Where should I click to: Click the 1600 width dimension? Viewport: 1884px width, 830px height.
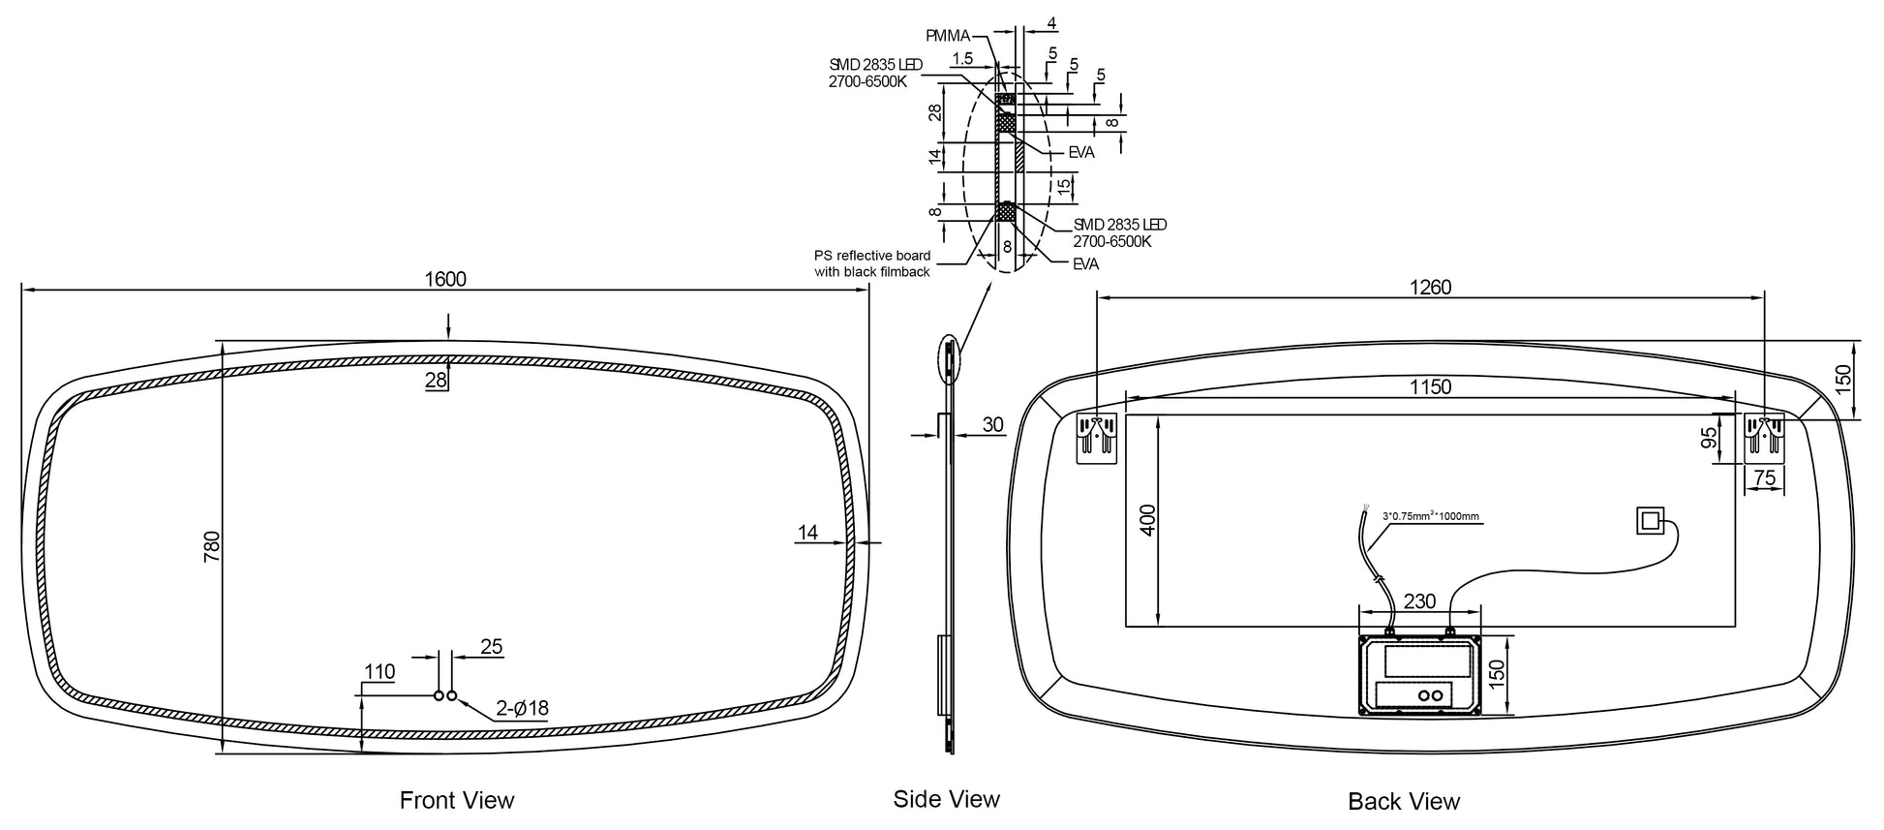click(445, 279)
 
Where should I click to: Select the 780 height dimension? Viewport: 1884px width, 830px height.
click(213, 545)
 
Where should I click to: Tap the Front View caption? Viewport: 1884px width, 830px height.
click(457, 800)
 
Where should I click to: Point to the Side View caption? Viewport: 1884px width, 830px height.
click(946, 798)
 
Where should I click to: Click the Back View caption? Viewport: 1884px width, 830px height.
click(1404, 801)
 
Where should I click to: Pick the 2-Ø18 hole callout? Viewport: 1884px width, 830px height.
click(523, 708)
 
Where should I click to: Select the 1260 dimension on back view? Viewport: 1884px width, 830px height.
click(1430, 288)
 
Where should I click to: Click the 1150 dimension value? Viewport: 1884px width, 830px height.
click(1430, 387)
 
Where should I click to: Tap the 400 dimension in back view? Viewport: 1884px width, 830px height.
click(1149, 520)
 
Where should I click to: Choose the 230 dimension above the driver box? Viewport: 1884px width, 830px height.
click(1419, 601)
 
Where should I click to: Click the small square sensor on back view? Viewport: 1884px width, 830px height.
click(1649, 521)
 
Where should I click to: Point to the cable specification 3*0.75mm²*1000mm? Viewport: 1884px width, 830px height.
click(1430, 516)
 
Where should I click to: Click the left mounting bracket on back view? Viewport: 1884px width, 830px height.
click(1097, 437)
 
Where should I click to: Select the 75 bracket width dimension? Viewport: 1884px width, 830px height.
click(1765, 477)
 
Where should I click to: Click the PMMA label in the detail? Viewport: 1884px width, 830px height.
click(948, 36)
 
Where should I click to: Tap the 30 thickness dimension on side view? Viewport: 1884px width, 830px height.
click(993, 424)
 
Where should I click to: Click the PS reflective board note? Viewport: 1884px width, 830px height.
click(872, 263)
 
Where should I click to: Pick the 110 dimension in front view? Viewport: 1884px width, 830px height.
click(380, 671)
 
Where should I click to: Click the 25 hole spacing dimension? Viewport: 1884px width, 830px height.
click(492, 646)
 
